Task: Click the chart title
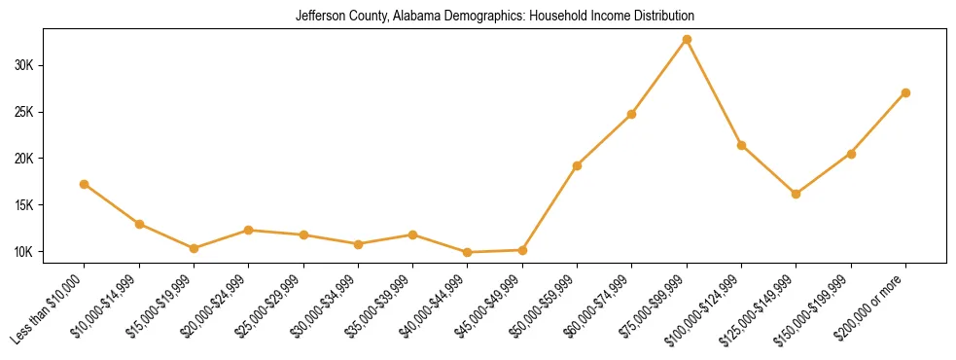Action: [495, 17]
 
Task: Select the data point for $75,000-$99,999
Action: [687, 40]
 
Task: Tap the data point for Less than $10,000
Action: [85, 184]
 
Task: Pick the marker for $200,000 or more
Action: [905, 92]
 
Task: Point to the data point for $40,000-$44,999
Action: [468, 252]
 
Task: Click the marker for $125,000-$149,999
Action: [797, 194]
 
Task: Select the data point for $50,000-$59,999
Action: [578, 165]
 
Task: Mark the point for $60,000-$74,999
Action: [632, 114]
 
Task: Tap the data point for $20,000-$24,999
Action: [249, 230]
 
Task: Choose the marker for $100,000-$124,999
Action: [741, 145]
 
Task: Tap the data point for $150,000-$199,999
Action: [851, 154]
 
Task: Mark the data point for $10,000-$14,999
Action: [139, 224]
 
